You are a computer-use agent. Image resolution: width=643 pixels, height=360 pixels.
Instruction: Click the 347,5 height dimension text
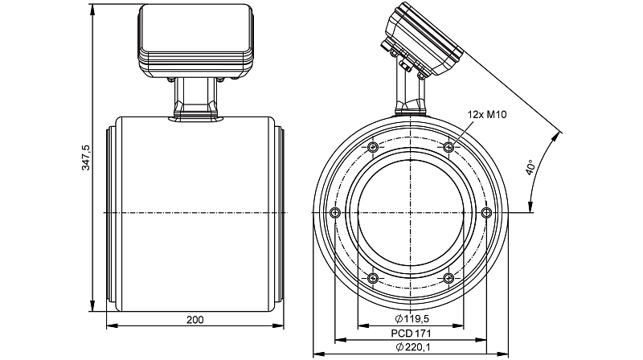[x=86, y=157]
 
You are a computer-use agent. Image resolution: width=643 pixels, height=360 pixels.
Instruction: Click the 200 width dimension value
[x=195, y=320]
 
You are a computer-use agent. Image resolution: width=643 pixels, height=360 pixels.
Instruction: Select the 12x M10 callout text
[x=487, y=115]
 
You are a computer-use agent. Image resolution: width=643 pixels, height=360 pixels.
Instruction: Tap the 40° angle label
[x=530, y=168]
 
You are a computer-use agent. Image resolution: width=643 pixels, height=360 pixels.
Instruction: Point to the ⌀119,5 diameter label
[x=412, y=318]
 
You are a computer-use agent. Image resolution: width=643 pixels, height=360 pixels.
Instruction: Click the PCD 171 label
[x=411, y=333]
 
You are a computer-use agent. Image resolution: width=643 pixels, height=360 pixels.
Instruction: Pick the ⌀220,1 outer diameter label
[x=413, y=347]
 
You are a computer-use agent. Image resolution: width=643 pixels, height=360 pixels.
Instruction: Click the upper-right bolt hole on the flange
[x=448, y=147]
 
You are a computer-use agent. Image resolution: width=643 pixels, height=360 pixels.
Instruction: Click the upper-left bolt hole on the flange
[x=373, y=147]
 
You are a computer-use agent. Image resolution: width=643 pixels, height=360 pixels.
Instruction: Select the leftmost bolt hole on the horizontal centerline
[x=335, y=212]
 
